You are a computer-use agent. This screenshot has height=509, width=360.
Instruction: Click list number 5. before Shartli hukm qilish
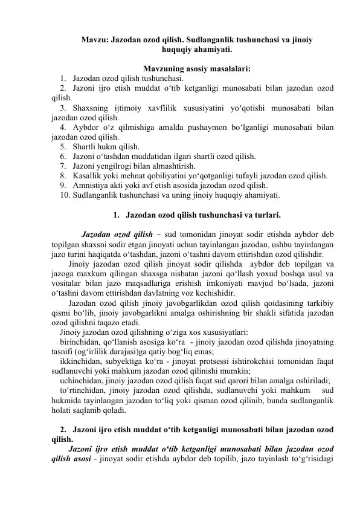63,146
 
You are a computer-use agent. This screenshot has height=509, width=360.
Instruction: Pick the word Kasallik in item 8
86,175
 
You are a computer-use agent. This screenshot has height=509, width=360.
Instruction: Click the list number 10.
65,195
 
